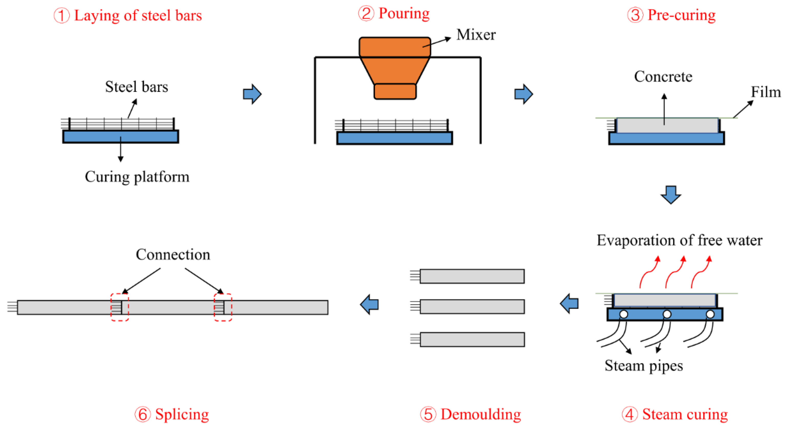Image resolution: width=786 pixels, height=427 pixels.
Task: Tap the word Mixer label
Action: tap(476, 35)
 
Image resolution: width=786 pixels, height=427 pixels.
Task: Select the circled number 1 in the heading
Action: tap(62, 16)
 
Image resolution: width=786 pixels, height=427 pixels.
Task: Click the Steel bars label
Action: tap(136, 87)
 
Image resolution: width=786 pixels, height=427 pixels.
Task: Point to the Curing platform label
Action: tap(137, 177)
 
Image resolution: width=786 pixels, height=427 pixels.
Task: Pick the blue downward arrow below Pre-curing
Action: tap(670, 195)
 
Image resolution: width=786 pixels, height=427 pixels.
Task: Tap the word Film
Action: tap(765, 92)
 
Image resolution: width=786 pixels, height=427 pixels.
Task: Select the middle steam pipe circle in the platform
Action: tap(667, 314)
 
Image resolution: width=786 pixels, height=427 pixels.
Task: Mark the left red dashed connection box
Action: tap(120, 307)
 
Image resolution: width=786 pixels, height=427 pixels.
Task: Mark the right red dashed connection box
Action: tap(223, 307)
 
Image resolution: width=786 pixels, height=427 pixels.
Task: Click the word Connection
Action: tap(173, 255)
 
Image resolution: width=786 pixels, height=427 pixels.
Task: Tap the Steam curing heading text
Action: tap(685, 414)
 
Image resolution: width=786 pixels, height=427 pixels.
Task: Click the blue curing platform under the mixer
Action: tap(394, 138)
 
